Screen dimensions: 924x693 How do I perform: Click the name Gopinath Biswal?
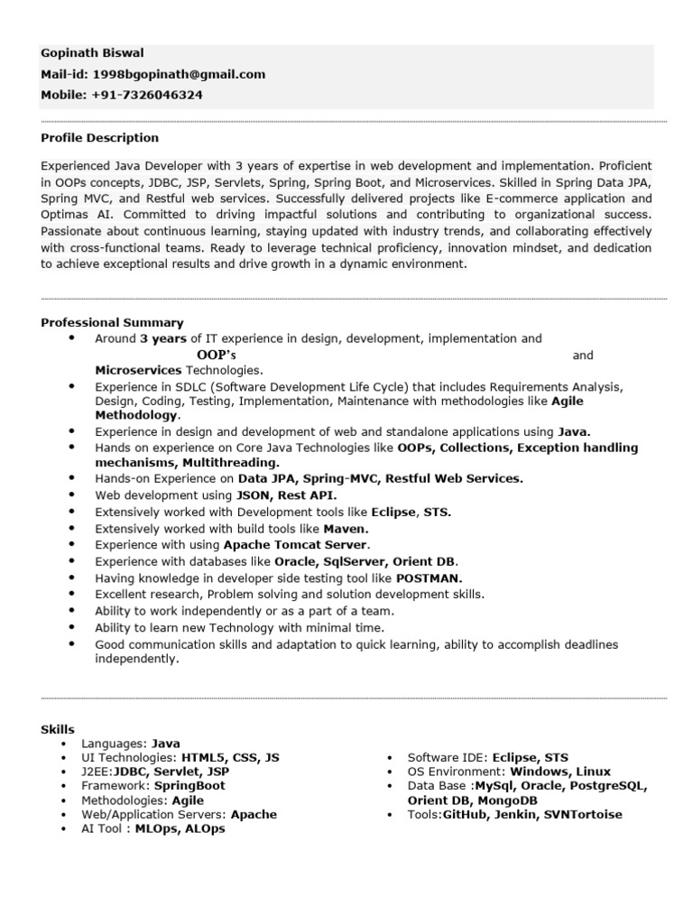point(92,53)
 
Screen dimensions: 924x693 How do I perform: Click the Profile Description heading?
point(99,138)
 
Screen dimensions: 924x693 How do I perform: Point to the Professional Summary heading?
point(112,322)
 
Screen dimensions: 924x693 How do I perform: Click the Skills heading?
point(58,729)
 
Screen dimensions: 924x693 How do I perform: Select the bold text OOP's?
point(216,355)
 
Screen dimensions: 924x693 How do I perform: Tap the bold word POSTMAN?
point(429,577)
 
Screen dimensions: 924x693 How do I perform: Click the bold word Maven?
point(346,529)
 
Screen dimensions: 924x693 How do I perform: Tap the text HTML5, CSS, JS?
point(230,758)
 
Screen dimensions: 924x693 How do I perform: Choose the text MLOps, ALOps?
point(180,828)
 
